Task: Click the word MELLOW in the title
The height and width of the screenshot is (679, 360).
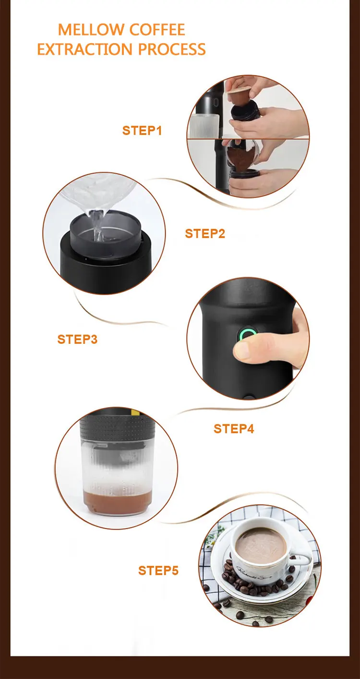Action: pyautogui.click(x=91, y=30)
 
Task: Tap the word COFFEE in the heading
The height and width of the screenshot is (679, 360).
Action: pyautogui.click(x=157, y=30)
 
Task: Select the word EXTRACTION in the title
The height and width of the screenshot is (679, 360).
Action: pyautogui.click(x=84, y=49)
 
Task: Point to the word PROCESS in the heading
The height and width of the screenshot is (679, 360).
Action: pyautogui.click(x=171, y=49)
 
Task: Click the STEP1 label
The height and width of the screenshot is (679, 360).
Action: pyautogui.click(x=142, y=131)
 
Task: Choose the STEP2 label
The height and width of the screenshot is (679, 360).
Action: pyautogui.click(x=205, y=234)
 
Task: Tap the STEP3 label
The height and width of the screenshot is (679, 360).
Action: pyautogui.click(x=78, y=339)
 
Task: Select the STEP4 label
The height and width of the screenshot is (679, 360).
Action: pyautogui.click(x=234, y=429)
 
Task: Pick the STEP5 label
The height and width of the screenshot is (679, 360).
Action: pyautogui.click(x=158, y=570)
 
